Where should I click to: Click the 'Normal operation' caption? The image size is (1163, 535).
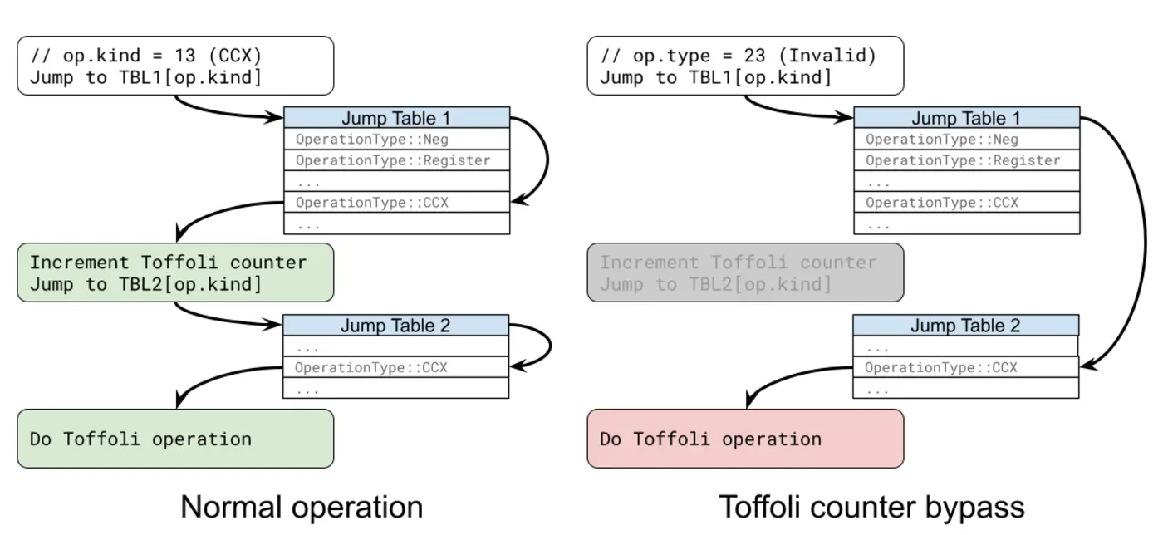tap(302, 507)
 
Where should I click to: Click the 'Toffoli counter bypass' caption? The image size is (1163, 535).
tap(871, 507)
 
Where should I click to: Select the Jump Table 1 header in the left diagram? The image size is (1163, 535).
tap(396, 118)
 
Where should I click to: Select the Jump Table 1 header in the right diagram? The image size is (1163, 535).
tap(966, 118)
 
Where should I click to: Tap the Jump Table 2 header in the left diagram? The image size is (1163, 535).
tap(395, 326)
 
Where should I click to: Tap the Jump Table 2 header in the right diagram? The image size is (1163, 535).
tap(965, 326)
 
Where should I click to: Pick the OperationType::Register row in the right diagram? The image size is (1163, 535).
tap(963, 160)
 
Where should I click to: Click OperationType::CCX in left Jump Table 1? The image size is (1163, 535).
tap(372, 203)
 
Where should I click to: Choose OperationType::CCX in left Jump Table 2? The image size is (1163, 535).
tap(371, 367)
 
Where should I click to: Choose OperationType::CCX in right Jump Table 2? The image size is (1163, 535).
tap(941, 367)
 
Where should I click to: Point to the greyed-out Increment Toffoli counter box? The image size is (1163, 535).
tap(745, 272)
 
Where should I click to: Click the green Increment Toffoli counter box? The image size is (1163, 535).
tap(175, 272)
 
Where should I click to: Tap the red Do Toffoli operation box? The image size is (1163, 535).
tap(745, 439)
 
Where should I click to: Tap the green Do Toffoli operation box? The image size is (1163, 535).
tap(175, 439)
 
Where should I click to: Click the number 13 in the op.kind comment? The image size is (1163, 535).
tap(185, 56)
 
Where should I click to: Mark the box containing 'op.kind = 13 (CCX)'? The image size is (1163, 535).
tap(175, 66)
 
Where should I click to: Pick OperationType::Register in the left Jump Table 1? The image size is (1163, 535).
tap(393, 160)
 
